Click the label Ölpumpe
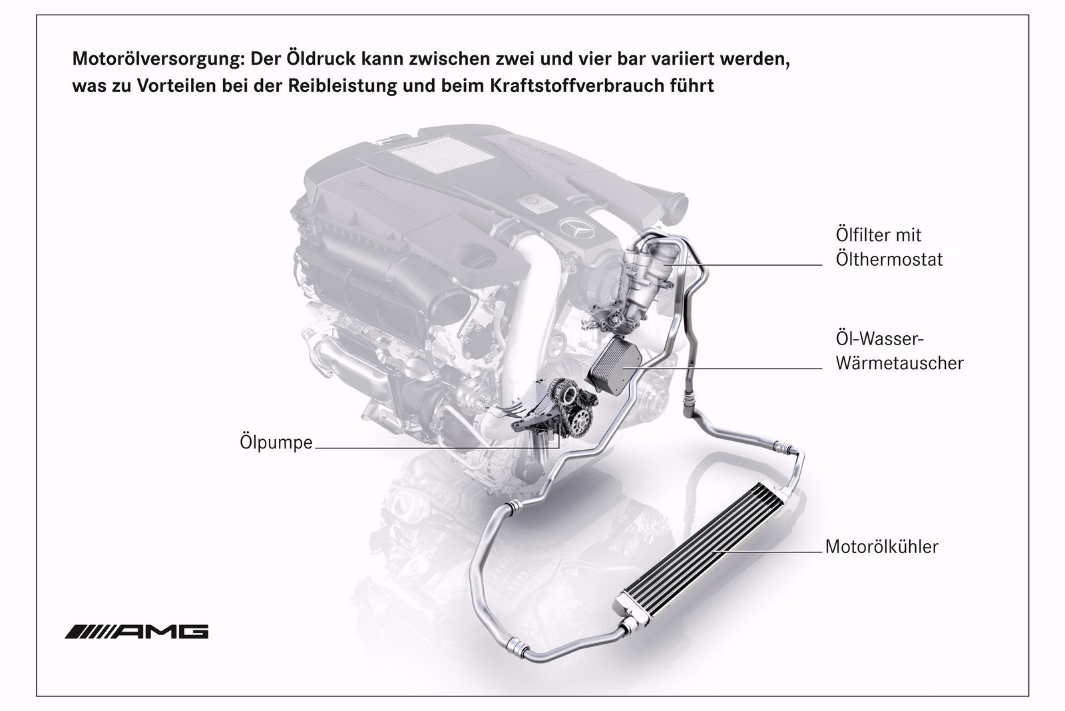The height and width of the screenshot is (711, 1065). click(276, 442)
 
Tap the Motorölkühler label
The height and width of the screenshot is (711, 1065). click(882, 547)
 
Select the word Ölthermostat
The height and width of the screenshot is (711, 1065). click(889, 260)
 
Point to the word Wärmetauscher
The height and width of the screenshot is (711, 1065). click(899, 363)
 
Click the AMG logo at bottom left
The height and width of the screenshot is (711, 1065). click(137, 632)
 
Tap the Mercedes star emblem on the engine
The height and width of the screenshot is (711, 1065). click(576, 232)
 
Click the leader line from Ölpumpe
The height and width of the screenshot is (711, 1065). click(437, 447)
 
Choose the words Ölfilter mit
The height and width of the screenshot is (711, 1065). click(879, 235)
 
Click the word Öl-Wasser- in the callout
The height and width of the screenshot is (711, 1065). click(879, 339)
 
